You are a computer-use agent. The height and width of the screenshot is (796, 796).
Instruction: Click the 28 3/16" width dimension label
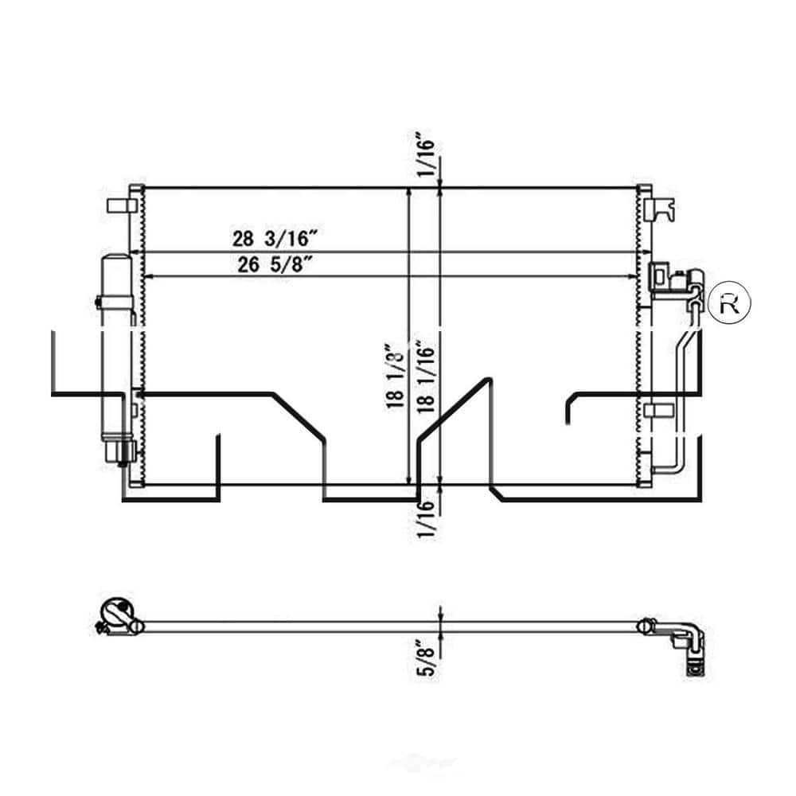tap(275, 237)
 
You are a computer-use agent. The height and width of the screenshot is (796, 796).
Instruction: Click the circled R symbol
tap(728, 302)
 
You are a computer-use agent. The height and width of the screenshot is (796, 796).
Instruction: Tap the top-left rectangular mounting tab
tap(118, 205)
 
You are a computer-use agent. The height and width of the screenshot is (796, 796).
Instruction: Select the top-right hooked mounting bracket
tap(662, 209)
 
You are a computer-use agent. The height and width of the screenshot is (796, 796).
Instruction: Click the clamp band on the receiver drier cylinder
tap(99, 303)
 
